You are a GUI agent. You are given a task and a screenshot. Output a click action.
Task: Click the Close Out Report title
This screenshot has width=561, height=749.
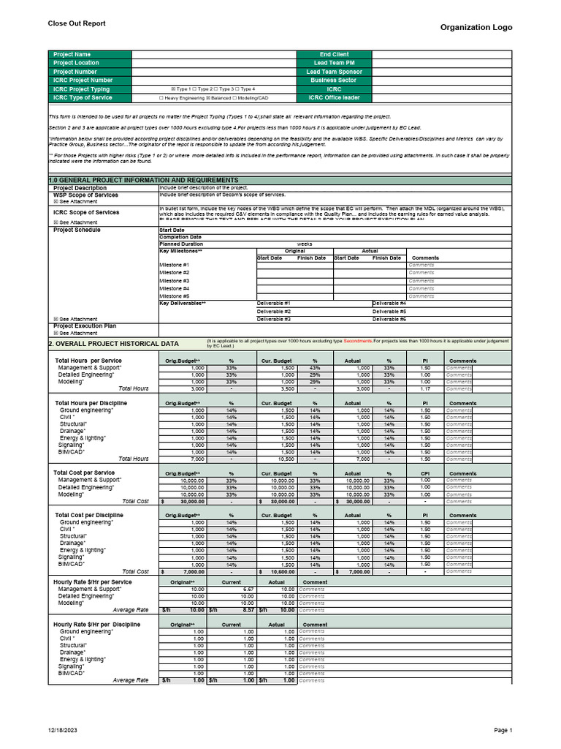[x=77, y=23]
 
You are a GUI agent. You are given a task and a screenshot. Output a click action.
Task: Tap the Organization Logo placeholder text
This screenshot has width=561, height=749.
[x=476, y=27]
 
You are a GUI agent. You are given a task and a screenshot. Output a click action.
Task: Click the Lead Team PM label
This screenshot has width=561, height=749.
[x=334, y=63]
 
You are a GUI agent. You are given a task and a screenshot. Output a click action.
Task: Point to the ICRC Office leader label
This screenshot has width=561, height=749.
[x=334, y=97]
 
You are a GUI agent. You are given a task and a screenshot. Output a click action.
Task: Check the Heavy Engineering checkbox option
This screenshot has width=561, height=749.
[x=161, y=97]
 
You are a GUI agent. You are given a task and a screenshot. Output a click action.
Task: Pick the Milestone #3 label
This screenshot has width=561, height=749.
[x=175, y=281]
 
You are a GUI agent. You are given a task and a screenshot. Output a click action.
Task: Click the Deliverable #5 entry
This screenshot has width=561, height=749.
[x=389, y=311]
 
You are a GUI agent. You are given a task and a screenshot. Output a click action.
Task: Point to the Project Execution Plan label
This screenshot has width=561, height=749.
[x=85, y=326]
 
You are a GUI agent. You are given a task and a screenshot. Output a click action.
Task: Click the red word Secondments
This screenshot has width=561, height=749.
[x=358, y=341]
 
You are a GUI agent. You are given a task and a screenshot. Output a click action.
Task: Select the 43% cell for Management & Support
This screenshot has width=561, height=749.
[x=315, y=367]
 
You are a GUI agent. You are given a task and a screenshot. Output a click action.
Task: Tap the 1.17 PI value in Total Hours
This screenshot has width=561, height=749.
[x=425, y=389]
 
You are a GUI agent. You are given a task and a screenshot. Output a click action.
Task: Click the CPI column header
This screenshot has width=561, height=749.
[x=425, y=473]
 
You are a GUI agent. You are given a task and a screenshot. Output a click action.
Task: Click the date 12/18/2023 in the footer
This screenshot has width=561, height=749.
[x=62, y=730]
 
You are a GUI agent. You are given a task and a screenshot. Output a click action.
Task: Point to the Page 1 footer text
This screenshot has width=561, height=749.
[x=503, y=730]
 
